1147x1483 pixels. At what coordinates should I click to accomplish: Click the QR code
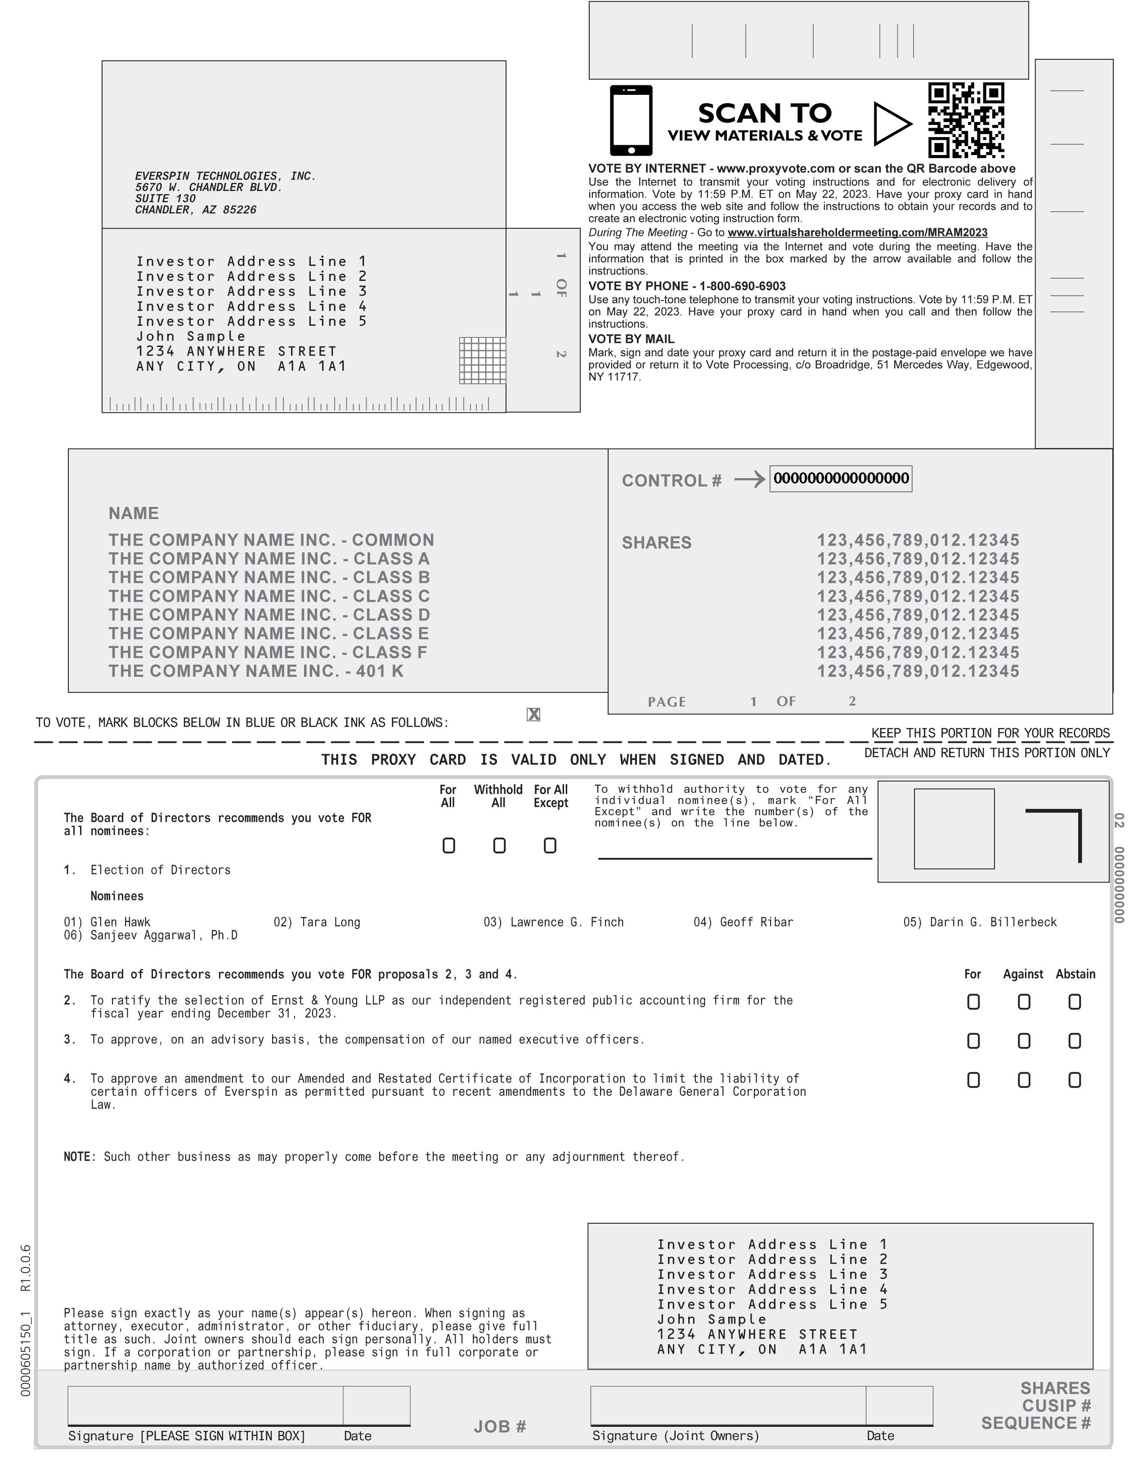[966, 121]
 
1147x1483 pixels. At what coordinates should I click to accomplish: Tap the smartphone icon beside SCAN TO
[631, 120]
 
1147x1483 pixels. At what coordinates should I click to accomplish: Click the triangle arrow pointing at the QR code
[891, 124]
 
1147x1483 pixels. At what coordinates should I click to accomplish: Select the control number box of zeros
[841, 479]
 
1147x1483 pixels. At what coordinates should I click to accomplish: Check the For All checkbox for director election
[448, 845]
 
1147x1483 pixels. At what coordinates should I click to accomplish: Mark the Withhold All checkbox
[499, 845]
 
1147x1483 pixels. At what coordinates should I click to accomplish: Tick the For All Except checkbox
[550, 845]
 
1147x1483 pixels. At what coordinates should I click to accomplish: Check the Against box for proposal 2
[1023, 1002]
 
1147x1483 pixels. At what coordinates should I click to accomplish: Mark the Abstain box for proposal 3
[1074, 1041]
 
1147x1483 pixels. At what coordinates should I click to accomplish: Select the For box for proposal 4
[973, 1079]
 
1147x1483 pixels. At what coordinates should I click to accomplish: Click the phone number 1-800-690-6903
[742, 286]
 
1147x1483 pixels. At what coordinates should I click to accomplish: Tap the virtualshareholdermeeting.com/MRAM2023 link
[857, 233]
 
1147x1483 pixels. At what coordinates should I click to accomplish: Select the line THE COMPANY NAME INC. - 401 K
[255, 671]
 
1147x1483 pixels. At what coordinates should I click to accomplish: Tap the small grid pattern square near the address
[483, 360]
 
